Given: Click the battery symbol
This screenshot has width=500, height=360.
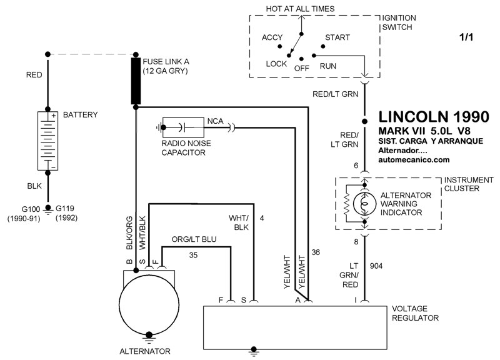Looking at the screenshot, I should (47, 141).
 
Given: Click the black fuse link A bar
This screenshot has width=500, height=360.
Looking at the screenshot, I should (135, 81).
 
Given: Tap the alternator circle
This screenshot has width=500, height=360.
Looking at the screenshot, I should (148, 303).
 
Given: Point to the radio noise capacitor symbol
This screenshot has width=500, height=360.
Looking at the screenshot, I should (181, 127).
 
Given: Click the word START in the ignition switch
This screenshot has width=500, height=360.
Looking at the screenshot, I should (337, 37).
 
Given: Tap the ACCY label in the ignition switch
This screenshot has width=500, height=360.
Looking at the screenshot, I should (272, 37).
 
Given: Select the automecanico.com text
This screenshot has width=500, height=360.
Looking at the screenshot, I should (414, 159).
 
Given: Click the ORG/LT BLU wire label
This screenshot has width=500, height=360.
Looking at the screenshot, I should (194, 240).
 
